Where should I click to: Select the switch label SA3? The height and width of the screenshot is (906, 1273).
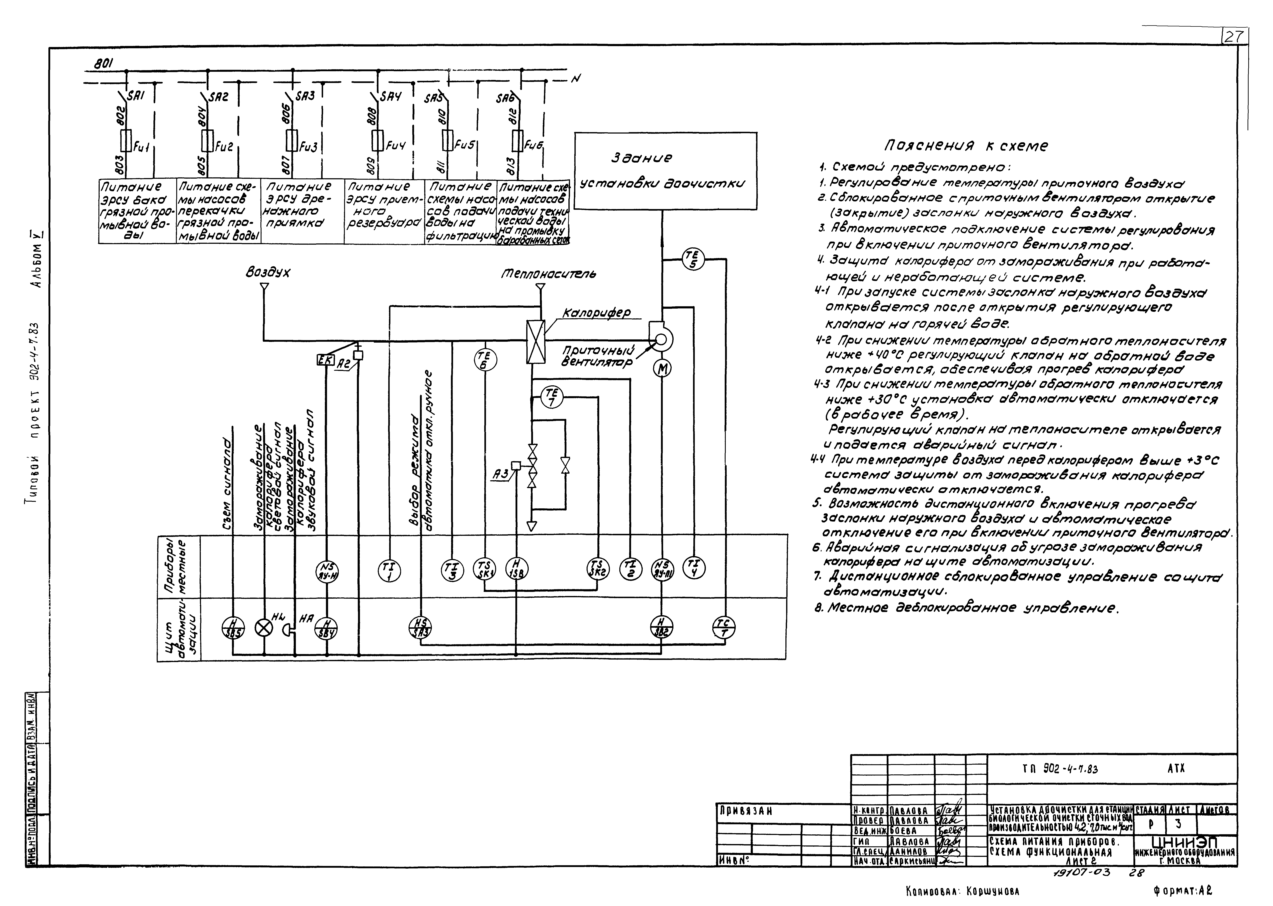point(305,96)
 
